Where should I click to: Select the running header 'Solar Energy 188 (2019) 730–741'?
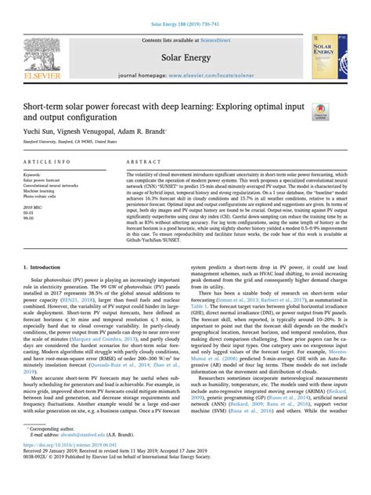pos(185,5)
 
